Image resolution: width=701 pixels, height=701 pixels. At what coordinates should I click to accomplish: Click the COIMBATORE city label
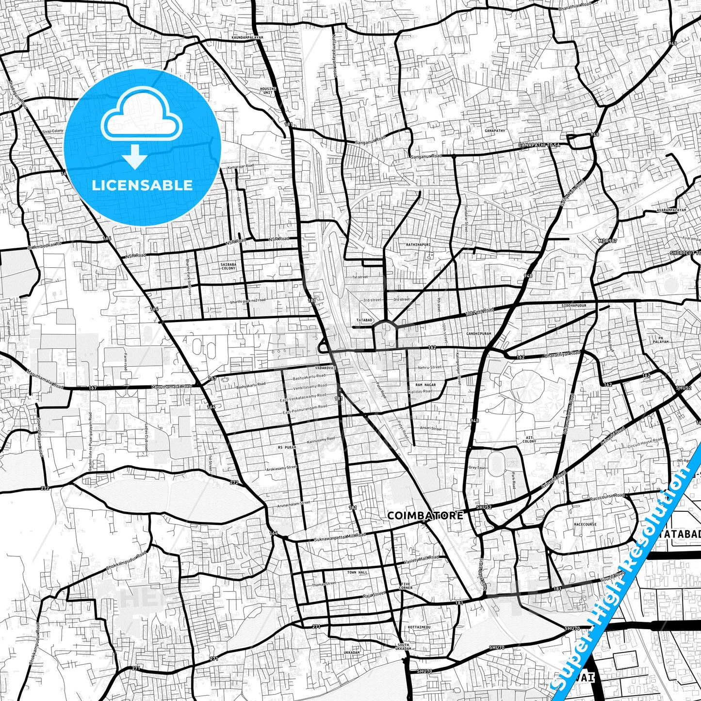click(425, 515)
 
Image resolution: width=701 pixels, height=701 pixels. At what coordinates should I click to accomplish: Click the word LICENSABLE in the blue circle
click(142, 185)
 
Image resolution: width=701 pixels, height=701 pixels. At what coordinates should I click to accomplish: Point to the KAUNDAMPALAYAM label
click(247, 37)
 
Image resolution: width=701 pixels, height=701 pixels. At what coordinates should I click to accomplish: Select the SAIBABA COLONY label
click(228, 266)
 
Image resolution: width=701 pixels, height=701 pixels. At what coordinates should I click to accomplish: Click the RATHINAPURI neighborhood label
click(418, 245)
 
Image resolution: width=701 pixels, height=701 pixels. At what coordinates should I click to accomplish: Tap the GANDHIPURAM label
click(479, 334)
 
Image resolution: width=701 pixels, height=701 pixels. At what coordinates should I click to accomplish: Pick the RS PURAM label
click(287, 447)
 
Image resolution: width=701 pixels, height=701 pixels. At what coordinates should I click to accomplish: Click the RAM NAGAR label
click(425, 385)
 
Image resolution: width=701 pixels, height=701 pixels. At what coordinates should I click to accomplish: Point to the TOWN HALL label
click(358, 572)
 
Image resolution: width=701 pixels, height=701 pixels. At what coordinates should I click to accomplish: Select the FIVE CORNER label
click(406, 586)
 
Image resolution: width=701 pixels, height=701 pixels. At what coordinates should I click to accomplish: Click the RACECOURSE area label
click(585, 524)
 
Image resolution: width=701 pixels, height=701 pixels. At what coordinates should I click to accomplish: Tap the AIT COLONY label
click(529, 440)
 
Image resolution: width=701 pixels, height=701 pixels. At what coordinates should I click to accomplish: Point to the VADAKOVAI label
click(325, 368)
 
